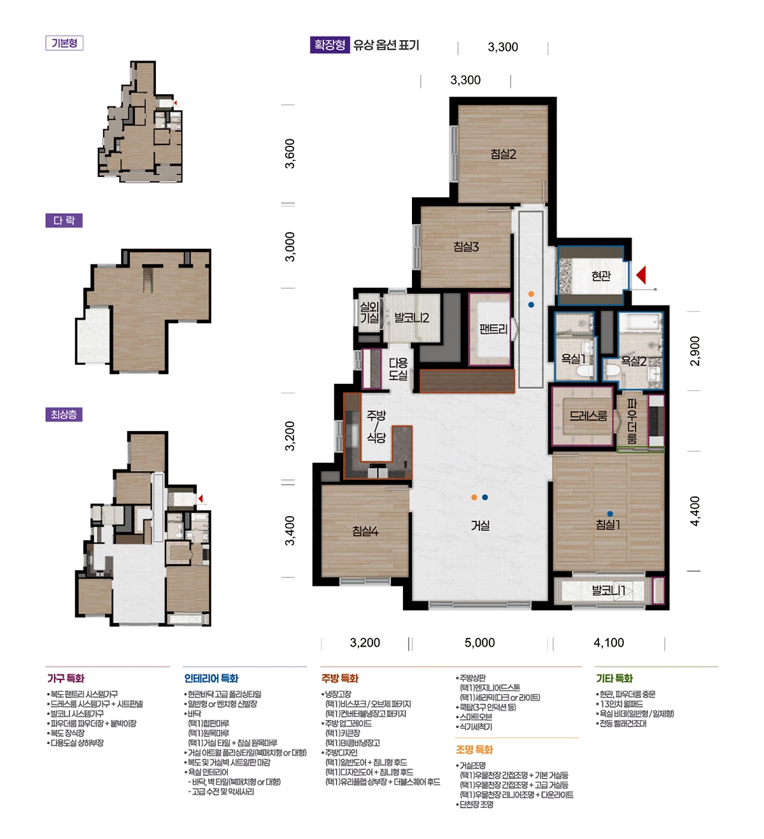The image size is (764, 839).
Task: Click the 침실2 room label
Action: (x=503, y=154)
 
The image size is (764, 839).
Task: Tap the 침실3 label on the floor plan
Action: (x=465, y=247)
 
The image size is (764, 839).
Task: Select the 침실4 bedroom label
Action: (x=365, y=531)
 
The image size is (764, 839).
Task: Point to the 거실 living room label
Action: (x=480, y=525)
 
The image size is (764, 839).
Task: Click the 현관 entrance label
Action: (x=601, y=276)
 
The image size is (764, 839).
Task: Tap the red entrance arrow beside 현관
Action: (x=641, y=275)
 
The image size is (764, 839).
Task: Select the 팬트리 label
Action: (x=493, y=329)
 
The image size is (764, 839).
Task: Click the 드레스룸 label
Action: (x=588, y=416)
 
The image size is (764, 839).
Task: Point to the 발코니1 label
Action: (x=608, y=591)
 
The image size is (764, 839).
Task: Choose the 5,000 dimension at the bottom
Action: (x=479, y=642)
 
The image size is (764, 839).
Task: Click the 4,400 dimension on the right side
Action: (x=695, y=511)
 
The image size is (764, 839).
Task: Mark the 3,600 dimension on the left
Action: (x=290, y=153)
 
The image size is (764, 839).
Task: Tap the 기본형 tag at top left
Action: (x=64, y=43)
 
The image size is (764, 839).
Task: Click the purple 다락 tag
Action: (x=64, y=220)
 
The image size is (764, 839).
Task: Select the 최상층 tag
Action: (x=64, y=414)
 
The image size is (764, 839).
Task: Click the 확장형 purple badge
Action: (x=330, y=45)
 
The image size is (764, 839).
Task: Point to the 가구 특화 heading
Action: (x=66, y=678)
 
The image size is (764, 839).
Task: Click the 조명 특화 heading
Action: (x=474, y=749)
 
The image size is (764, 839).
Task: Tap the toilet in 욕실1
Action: (x=584, y=370)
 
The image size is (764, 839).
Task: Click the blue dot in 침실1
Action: (x=610, y=514)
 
